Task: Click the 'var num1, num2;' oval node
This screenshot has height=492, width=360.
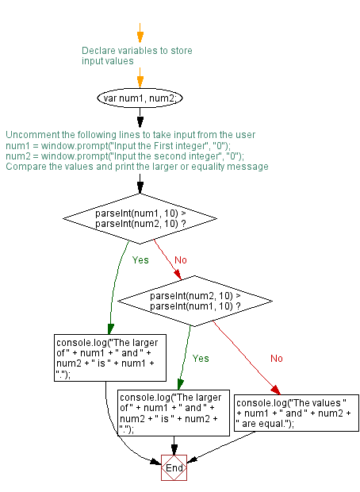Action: coord(140,98)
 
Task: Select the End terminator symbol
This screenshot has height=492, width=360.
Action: coord(174,468)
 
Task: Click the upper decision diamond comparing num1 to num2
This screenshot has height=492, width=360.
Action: coord(140,218)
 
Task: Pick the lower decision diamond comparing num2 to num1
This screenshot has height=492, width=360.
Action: coord(194,301)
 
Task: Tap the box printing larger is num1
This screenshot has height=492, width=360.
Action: coord(105,358)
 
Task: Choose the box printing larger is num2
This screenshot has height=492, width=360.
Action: coord(173,412)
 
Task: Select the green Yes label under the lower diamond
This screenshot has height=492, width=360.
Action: coord(201,359)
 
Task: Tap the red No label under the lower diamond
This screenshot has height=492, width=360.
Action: coord(276,359)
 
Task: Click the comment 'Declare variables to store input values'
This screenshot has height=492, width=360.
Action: coord(136,56)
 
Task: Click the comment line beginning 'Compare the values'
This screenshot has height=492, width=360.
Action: coord(136,167)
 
